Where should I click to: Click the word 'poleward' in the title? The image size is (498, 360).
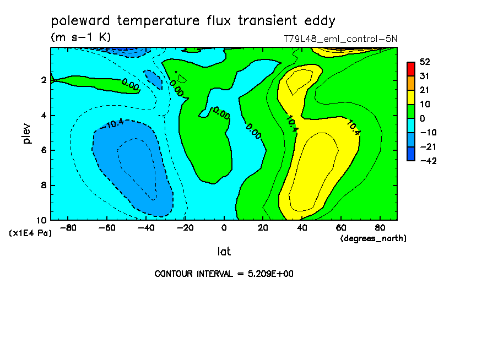tap(80, 21)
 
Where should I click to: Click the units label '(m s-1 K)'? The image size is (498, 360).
tap(80, 37)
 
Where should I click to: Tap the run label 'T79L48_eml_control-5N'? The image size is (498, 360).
tap(340, 39)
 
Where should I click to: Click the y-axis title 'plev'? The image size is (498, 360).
tap(26, 133)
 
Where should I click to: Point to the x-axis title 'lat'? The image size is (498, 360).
tap(224, 252)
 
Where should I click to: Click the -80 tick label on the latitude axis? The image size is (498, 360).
tap(68, 228)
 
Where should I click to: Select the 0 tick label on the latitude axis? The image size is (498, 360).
tap(224, 228)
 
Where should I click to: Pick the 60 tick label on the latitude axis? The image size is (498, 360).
tap(341, 228)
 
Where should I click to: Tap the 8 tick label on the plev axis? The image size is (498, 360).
tap(44, 185)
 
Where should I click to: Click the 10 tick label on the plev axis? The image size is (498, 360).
tap(41, 220)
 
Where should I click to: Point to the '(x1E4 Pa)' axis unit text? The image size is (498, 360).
tap(30, 233)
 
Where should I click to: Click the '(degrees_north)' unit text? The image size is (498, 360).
tap(373, 238)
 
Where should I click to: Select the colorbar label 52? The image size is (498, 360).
tap(425, 62)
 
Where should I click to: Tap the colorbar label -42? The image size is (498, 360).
tap(428, 161)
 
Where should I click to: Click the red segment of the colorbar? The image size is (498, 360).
tap(410, 69)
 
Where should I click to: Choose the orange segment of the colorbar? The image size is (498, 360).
tap(410, 83)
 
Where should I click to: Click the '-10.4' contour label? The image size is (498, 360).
tap(112, 124)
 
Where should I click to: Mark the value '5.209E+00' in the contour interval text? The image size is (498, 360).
tap(270, 274)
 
